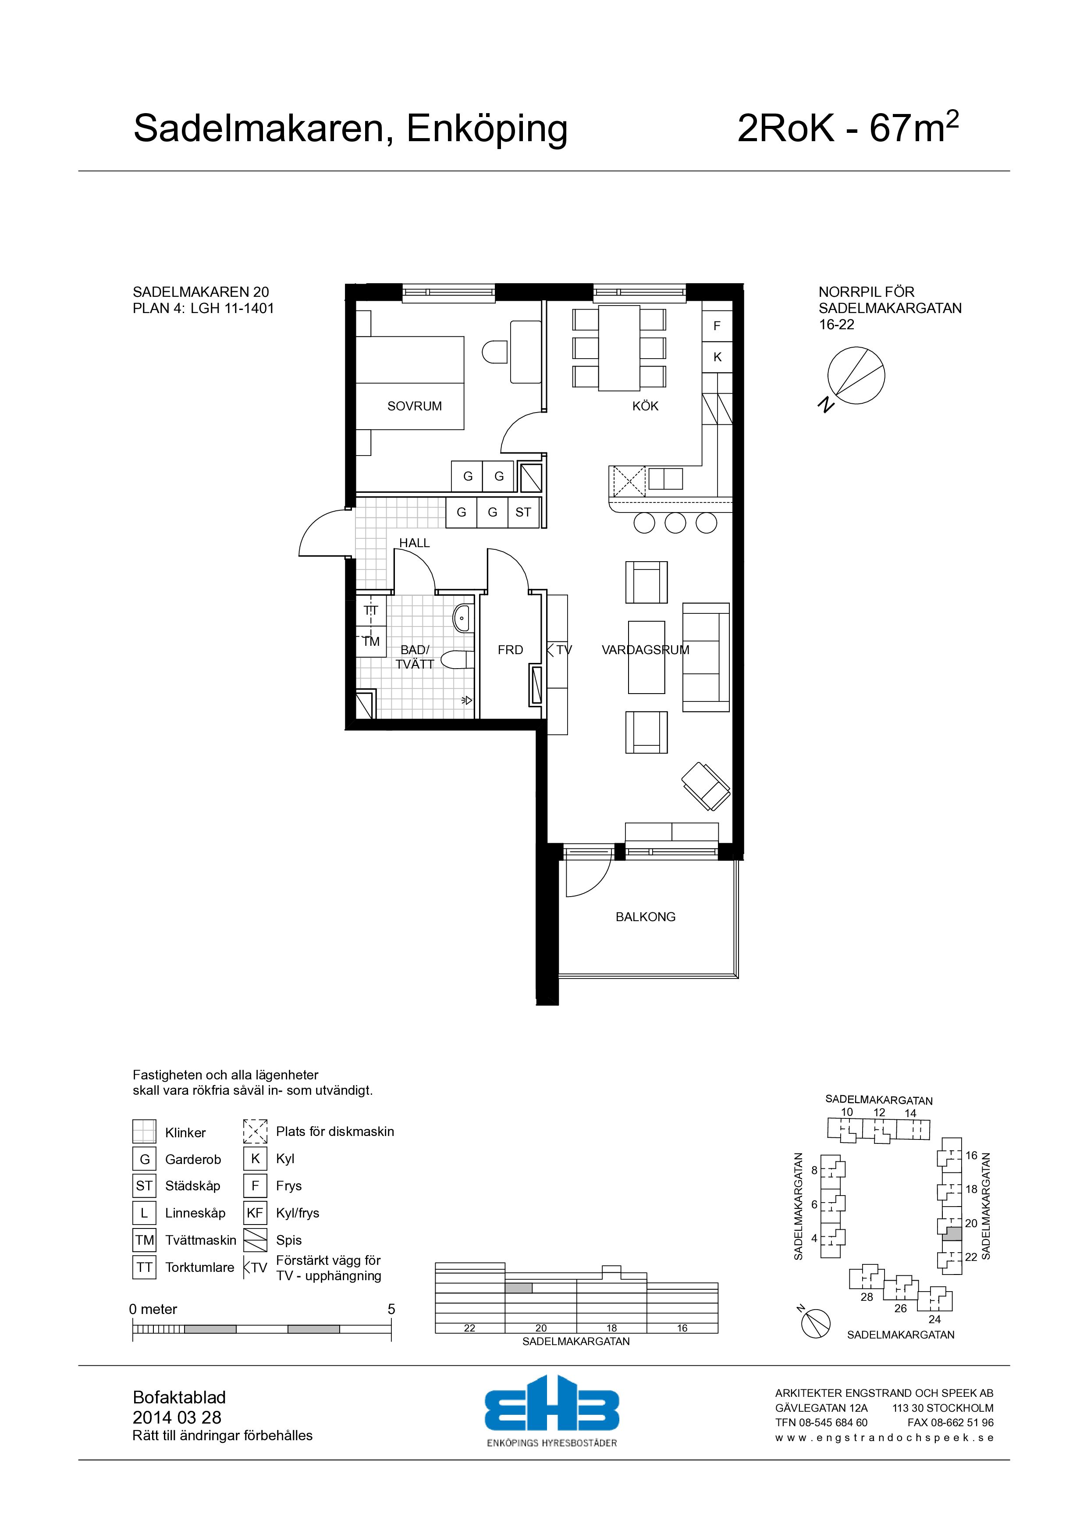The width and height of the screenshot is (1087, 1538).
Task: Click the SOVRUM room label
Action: coord(415,406)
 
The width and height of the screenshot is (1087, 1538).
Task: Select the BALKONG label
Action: coord(646,917)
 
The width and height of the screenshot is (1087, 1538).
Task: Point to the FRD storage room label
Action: coord(510,650)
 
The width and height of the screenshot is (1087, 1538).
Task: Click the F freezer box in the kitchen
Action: coord(718,326)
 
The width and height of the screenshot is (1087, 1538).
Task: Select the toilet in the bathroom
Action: coord(458,660)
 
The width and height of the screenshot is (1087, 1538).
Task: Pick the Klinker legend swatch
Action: coord(145,1132)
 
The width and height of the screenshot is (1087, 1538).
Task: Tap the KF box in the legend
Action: coord(255,1213)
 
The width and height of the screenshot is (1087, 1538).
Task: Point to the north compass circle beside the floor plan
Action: coord(856,376)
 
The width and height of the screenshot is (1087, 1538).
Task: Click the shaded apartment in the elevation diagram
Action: coord(519,1288)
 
